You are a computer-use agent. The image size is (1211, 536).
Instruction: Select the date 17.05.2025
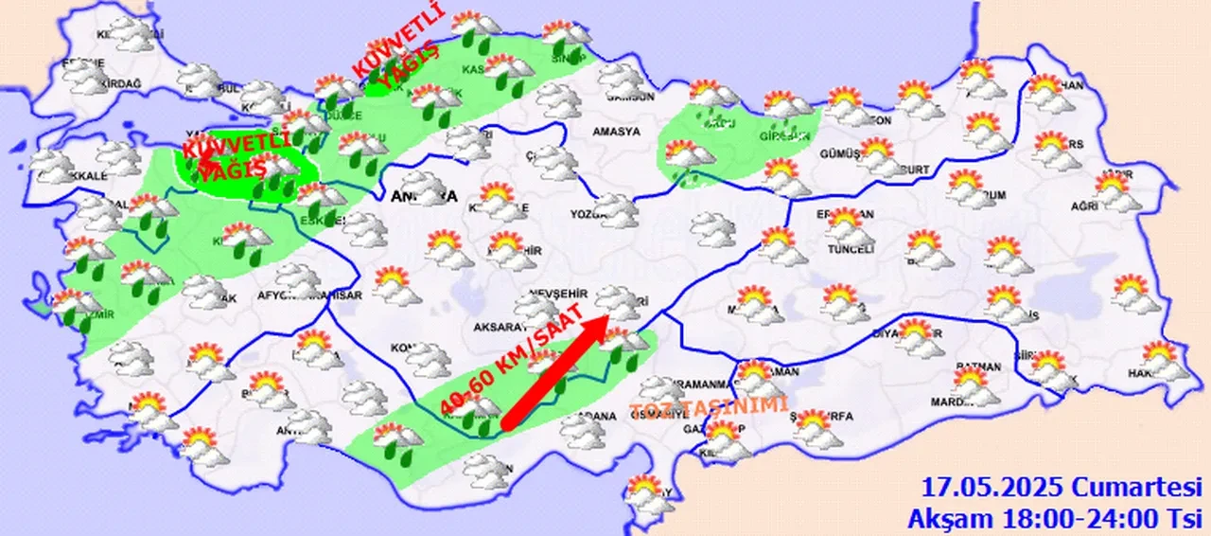tap(994, 489)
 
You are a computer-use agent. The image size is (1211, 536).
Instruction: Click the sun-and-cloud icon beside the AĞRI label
tap(1119, 189)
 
